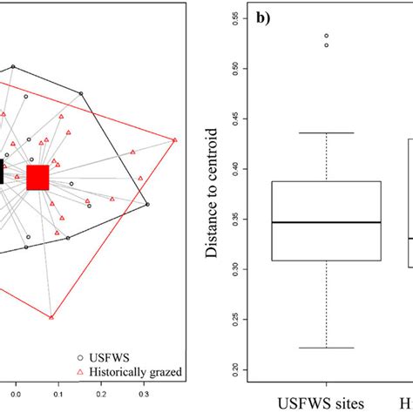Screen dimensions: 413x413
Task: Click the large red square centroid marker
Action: point(38,178)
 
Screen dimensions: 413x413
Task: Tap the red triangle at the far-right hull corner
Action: point(174,140)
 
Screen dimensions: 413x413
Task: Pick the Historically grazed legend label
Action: point(139,372)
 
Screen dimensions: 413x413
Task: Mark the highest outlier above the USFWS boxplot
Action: point(327,37)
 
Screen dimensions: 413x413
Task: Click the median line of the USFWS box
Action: point(327,222)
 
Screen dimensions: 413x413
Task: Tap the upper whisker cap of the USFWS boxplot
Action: point(327,132)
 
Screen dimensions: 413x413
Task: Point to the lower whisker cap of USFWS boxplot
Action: point(327,348)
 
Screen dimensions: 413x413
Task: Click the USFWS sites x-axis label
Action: point(327,403)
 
